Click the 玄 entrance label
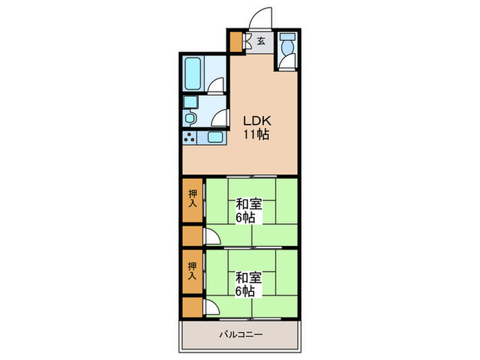[261, 40]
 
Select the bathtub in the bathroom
[193, 73]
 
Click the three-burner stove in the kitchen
[189, 137]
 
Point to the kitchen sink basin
[215, 137]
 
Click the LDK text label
[257, 121]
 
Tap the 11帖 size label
[256, 134]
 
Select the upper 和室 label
[248, 204]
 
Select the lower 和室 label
[248, 278]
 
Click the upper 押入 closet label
[193, 199]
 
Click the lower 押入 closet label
[192, 271]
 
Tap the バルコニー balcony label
[241, 335]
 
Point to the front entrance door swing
[260, 19]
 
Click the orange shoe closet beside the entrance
[236, 42]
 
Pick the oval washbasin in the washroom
[190, 118]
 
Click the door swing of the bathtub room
[216, 85]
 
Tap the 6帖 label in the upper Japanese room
[245, 218]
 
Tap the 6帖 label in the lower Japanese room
[245, 291]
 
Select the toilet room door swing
[287, 61]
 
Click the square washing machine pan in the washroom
[191, 102]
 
